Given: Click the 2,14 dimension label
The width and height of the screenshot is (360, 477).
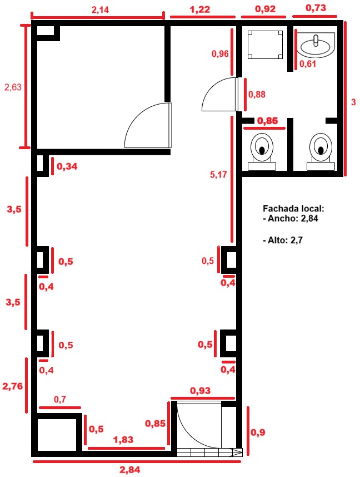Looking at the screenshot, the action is (x=100, y=9).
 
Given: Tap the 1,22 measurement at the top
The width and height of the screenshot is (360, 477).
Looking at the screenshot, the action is (x=200, y=9).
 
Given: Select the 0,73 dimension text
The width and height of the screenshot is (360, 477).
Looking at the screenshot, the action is (x=316, y=8).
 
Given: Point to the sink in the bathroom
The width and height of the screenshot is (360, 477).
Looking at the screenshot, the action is (x=316, y=45).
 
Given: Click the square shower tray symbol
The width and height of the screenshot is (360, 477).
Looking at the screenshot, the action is (x=266, y=45).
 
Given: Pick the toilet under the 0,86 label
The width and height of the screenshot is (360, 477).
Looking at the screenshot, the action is (x=262, y=151).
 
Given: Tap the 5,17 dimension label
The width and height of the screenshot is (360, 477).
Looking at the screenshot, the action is (x=218, y=174).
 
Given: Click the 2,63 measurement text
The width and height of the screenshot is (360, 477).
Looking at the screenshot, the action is (x=13, y=87).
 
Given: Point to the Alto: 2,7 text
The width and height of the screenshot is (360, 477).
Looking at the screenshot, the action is (x=283, y=240).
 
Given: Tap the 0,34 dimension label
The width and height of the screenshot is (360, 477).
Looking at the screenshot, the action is (x=67, y=166).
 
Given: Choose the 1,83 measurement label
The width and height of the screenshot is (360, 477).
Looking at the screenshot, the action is (x=123, y=440).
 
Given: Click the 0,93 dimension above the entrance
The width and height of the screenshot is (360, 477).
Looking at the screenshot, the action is (x=200, y=390).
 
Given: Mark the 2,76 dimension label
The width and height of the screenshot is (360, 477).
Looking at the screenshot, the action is (x=12, y=386).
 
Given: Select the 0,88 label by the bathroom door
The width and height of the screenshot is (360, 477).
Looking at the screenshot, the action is (x=257, y=94).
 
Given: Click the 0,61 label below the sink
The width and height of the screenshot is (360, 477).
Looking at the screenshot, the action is (x=307, y=64).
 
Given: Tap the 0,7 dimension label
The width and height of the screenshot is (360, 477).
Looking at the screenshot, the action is (x=60, y=399).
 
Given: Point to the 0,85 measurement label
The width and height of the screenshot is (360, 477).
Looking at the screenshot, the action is (x=155, y=423).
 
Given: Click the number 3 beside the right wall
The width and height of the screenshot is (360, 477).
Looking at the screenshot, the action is (x=353, y=102).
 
